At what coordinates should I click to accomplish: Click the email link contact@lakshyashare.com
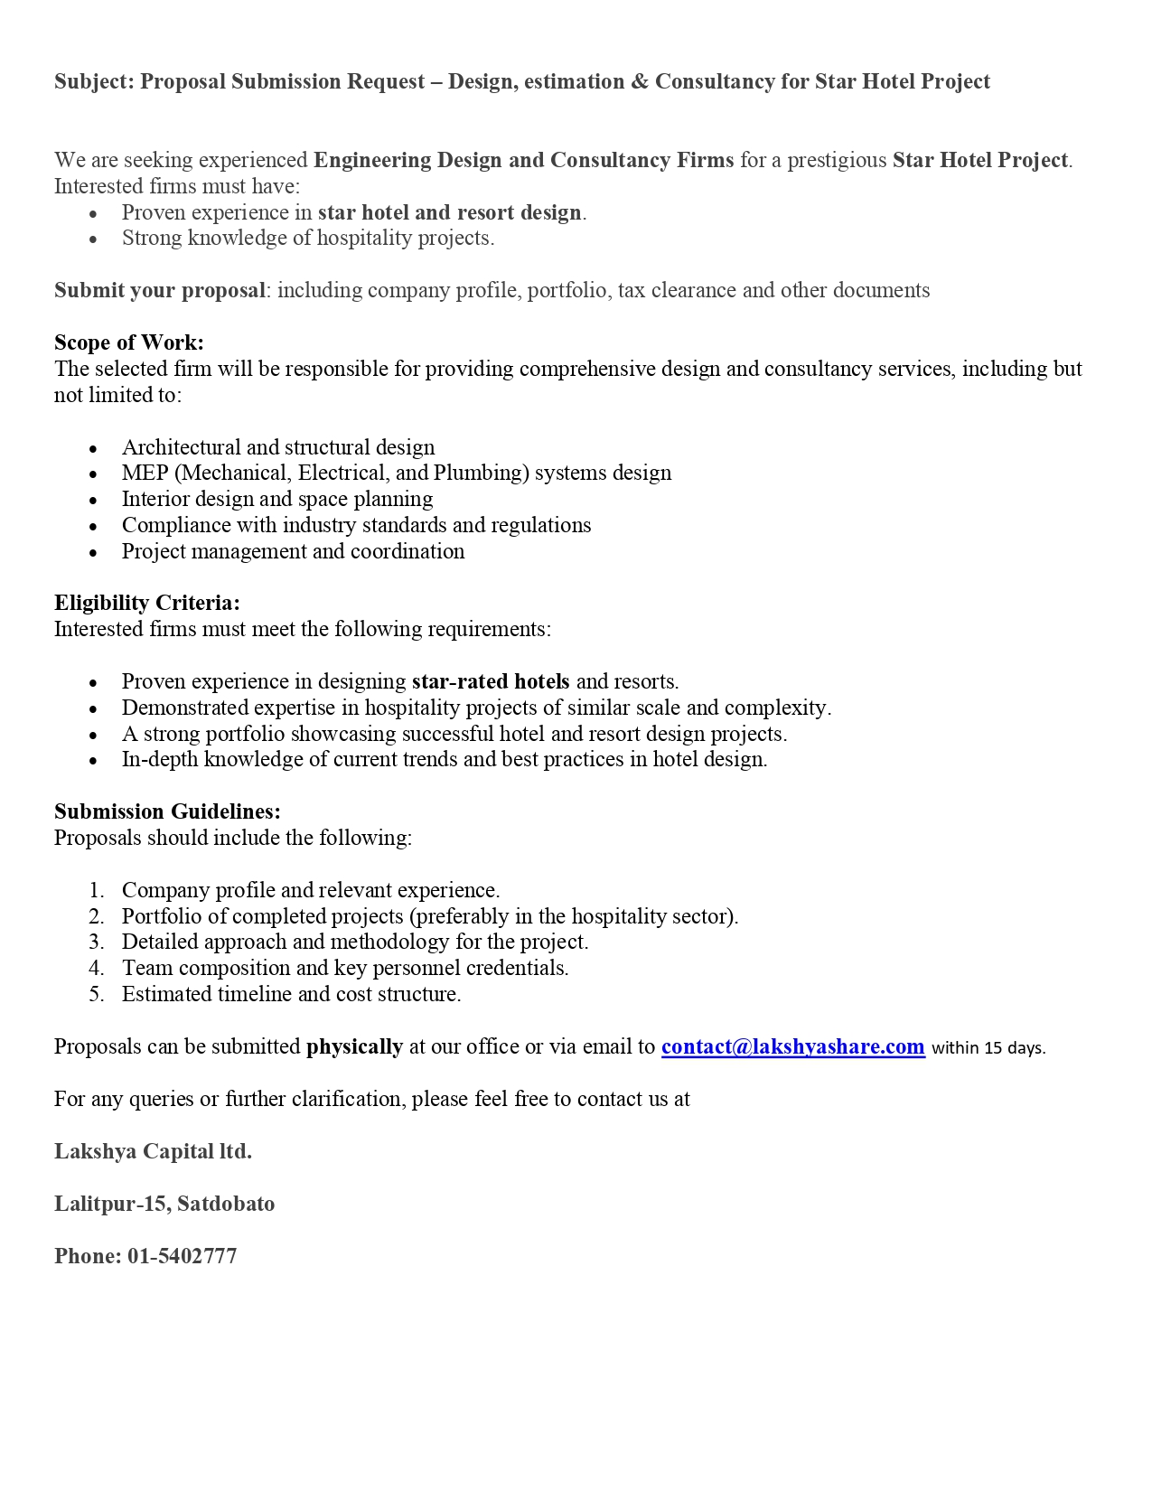click(792, 1046)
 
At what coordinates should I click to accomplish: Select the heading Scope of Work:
click(129, 342)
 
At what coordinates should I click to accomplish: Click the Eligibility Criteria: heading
click(147, 603)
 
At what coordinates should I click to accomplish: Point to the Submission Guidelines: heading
click(167, 811)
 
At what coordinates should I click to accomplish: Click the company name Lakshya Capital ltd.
click(153, 1151)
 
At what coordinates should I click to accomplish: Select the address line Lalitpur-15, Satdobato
click(164, 1204)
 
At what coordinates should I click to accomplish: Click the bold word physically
click(354, 1046)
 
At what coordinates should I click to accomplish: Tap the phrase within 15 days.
click(988, 1048)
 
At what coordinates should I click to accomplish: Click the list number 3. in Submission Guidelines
click(97, 942)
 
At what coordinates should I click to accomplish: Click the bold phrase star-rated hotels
click(491, 681)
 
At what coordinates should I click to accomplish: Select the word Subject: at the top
click(94, 81)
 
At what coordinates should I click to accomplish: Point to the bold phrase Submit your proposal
click(160, 290)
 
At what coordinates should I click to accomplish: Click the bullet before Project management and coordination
click(93, 552)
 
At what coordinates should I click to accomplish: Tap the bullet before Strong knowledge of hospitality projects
click(93, 239)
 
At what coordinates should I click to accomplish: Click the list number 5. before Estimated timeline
click(97, 994)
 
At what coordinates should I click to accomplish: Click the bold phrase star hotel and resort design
click(449, 212)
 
